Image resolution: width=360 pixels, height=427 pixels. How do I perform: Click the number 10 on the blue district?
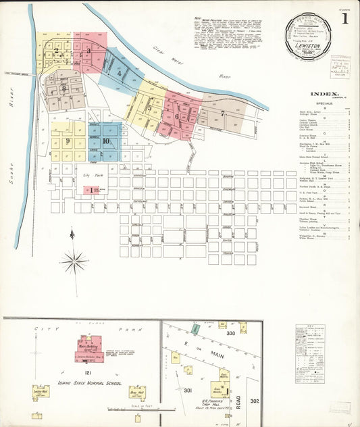point(106,141)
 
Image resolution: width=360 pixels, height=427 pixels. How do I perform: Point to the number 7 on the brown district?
point(222,114)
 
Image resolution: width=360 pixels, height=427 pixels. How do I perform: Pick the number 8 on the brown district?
point(63,88)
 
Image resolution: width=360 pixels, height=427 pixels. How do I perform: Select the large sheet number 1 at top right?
point(344,18)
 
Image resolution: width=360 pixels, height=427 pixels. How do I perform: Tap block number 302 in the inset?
point(254,401)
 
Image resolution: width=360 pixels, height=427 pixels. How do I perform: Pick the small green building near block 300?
point(195,328)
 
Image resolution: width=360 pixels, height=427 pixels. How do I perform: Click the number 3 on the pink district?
point(88,51)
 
